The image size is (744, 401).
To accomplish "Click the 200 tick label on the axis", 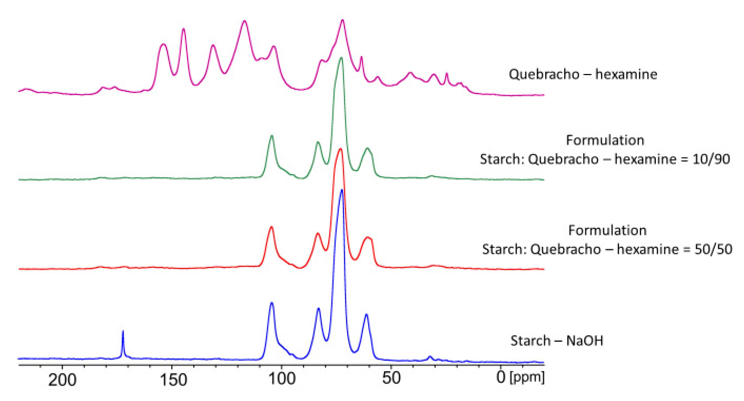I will [x=62, y=379].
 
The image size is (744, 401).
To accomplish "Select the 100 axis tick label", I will [x=282, y=379].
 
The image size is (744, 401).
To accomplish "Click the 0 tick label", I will [x=501, y=377].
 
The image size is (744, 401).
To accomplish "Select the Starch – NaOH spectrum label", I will [x=557, y=341].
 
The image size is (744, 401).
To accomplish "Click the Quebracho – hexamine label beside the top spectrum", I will [x=583, y=74].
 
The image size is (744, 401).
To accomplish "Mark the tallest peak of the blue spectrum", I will [x=342, y=190].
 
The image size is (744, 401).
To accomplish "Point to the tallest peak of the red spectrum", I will [x=340, y=149].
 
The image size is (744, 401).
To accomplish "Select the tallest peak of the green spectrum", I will [x=342, y=58].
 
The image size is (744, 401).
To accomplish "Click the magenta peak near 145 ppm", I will [x=183, y=29].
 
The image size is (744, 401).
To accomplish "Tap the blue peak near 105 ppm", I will [x=272, y=303].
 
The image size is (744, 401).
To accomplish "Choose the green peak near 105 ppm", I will [x=272, y=136].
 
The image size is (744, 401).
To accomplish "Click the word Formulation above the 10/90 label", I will [x=605, y=140].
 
